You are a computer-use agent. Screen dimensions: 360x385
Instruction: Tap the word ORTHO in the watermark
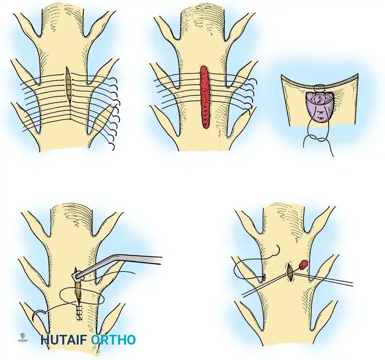tap(113, 340)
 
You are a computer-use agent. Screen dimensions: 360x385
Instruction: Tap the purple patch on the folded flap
tap(320, 107)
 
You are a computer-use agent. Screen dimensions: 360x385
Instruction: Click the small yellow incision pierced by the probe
tap(290, 272)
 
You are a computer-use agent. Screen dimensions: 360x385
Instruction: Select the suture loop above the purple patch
tap(319, 87)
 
